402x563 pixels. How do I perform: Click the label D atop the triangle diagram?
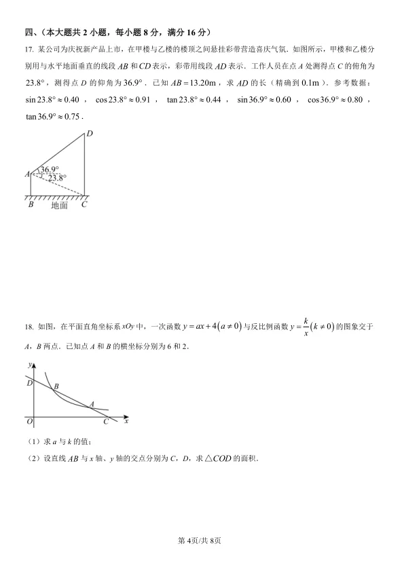pos(89,133)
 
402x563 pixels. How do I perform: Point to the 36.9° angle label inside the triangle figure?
pos(49,169)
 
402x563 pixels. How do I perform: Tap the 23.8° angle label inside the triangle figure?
pos(57,178)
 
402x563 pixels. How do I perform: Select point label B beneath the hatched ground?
pos(31,204)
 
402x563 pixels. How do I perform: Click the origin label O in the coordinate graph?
pos(29,422)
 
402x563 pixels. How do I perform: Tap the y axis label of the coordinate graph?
pos(29,365)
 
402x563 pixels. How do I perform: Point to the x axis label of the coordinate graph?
pos(126,421)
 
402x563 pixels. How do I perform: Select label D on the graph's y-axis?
pos(29,384)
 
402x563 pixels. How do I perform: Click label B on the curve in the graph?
pos(56,386)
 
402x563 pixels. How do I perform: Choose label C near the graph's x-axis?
pos(105,422)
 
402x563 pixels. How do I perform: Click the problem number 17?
pos(29,50)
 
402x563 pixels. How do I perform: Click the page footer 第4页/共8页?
pos(200,540)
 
